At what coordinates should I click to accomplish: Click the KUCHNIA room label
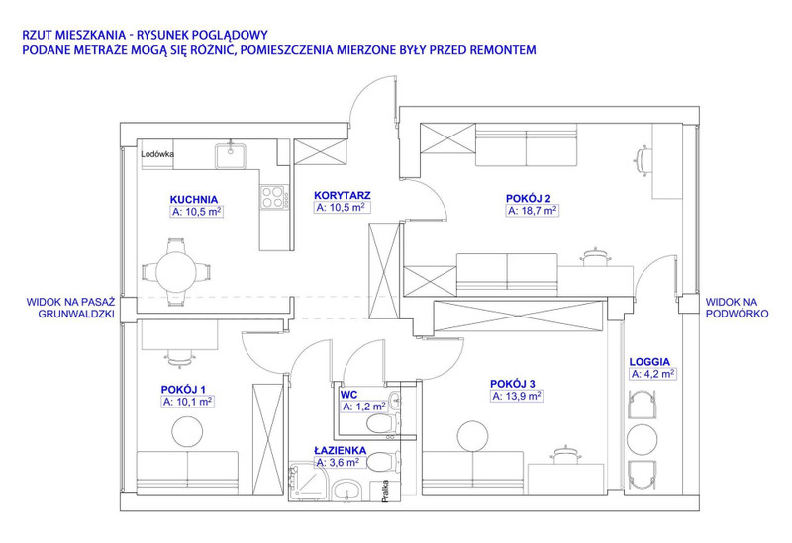[x=193, y=200]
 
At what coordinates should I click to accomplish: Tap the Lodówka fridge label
[x=157, y=154]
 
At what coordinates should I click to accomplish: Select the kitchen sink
[x=231, y=155]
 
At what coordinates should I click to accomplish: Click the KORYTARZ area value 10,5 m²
[x=341, y=208]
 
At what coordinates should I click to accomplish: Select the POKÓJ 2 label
[x=528, y=199]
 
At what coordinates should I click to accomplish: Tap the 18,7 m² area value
[x=532, y=211]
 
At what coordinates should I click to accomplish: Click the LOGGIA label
[x=649, y=362]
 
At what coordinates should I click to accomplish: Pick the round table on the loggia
[x=642, y=440]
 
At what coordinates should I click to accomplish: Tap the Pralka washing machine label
[x=385, y=490]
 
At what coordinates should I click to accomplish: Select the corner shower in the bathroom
[x=309, y=482]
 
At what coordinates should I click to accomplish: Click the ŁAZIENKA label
[x=340, y=450]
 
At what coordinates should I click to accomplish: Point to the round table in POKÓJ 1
[x=187, y=431]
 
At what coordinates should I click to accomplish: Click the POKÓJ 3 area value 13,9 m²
[x=517, y=397]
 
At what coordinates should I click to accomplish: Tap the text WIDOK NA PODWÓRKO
[x=737, y=308]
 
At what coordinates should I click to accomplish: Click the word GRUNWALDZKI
[x=76, y=314]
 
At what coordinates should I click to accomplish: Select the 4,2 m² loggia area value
[x=652, y=374]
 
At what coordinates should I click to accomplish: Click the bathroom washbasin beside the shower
[x=346, y=490]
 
